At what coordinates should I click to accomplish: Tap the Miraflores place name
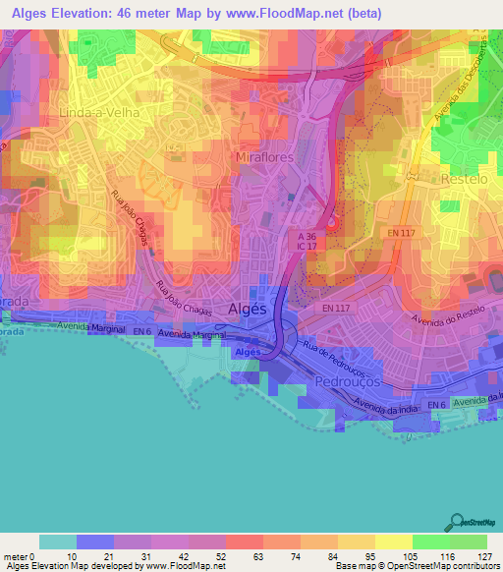point(265,157)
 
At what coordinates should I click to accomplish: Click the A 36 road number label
point(308,237)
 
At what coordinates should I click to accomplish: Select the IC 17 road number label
point(308,249)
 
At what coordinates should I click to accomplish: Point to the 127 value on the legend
point(481,555)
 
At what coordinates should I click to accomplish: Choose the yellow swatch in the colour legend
point(355,542)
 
